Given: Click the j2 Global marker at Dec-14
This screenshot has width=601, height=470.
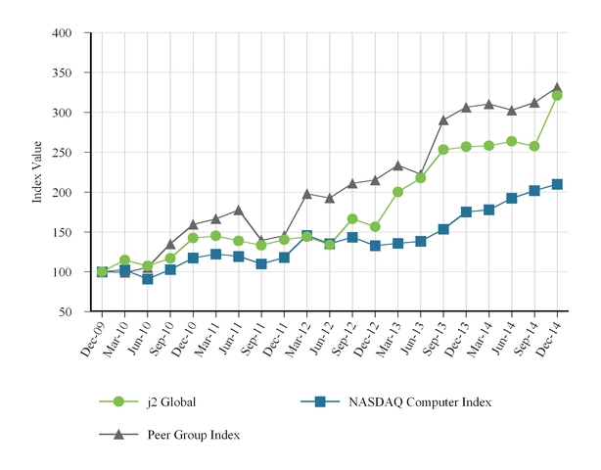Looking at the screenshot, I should pos(557,96).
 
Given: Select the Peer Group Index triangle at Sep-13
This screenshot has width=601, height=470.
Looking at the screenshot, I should pos(443,120).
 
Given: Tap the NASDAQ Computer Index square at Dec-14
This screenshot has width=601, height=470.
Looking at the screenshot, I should pos(557,184).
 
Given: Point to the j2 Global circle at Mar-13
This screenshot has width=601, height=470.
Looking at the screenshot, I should pos(397,192).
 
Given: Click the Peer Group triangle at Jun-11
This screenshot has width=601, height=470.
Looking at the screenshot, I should pos(239,211).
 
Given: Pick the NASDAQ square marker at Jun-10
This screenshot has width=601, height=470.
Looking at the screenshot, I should pos(148,279).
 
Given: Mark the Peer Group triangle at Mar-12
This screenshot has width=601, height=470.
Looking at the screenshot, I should pos(306,194).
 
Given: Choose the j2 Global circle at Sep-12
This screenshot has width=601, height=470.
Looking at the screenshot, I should pos(352,219).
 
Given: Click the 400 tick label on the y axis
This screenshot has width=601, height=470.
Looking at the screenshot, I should pos(63,33).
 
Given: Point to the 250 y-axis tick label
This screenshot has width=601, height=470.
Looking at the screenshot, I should pos(63,153).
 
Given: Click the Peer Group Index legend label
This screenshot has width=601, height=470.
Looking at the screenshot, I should pos(192,435).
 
